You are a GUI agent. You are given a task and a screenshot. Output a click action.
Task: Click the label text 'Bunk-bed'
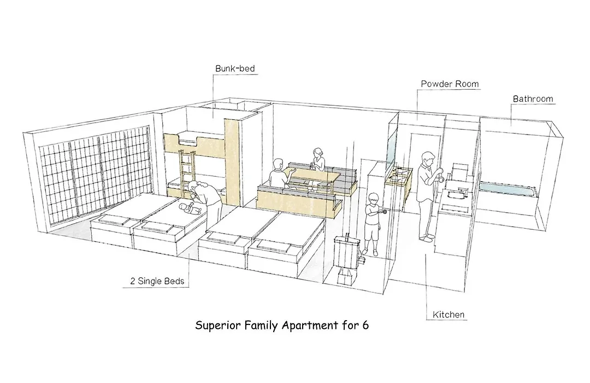click(235, 68)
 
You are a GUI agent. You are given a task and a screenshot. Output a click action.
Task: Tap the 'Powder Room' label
click(450, 84)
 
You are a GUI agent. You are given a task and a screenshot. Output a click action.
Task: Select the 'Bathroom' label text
click(533, 99)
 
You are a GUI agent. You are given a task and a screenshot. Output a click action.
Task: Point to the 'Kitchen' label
click(448, 315)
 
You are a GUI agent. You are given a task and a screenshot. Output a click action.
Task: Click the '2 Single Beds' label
click(157, 281)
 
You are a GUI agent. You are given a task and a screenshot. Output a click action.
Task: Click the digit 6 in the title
click(365, 325)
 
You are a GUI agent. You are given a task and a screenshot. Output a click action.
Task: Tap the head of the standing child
click(373, 199)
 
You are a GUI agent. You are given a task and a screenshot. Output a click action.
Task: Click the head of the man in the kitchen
click(428, 158)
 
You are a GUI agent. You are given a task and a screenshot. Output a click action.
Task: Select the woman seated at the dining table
click(317, 160)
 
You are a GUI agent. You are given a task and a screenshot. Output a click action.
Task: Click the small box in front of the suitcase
click(346, 276)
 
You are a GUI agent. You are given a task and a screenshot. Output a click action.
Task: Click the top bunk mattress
click(188, 139)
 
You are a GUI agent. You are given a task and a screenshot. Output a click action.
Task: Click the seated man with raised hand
click(280, 173)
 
